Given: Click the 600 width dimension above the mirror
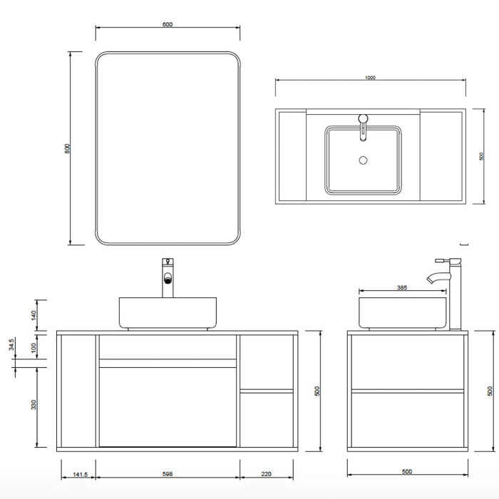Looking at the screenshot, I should [168, 24].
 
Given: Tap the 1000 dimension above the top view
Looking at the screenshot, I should [370, 78].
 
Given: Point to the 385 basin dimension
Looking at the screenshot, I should [401, 289].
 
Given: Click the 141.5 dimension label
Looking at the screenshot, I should [76, 473].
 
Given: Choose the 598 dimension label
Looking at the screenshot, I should [168, 473].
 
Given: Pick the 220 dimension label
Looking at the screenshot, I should [267, 473].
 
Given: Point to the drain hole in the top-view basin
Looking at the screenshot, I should [363, 160].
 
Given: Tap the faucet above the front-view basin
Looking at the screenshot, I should [168, 278].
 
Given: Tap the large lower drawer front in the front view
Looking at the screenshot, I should [168, 406].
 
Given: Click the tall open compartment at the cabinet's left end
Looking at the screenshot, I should [77, 391].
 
